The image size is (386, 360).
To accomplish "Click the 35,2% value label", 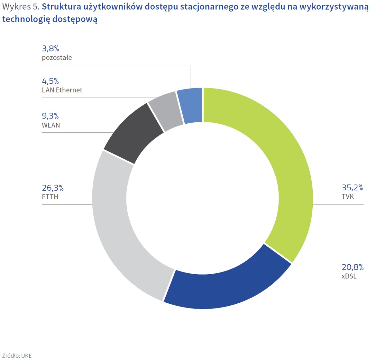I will [x=352, y=188].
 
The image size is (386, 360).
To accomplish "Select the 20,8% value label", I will [x=352, y=267].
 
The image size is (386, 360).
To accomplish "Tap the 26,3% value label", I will [x=53, y=188].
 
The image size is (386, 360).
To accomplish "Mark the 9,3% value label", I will [x=50, y=116].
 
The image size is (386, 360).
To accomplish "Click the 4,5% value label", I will [x=50, y=81].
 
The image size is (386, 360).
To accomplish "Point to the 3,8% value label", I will [x=51, y=49].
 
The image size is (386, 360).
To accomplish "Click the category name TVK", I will [x=347, y=196].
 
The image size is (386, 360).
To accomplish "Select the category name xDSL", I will [x=349, y=276].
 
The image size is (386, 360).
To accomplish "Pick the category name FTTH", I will [x=50, y=197].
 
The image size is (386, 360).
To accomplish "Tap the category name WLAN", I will [x=51, y=125].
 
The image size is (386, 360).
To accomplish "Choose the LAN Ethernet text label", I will [x=62, y=90].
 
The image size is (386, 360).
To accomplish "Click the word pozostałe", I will [x=57, y=58].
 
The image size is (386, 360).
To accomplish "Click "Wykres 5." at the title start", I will [x=21, y=7].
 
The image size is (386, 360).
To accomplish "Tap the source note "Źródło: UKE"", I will [x=17, y=355].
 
